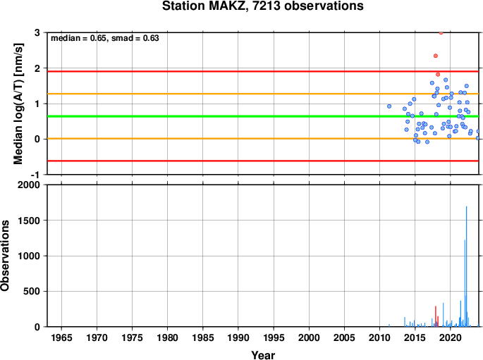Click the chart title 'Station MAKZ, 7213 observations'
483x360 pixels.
[x=263, y=6]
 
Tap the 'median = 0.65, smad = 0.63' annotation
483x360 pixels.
[x=105, y=38]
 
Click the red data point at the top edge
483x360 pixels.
[x=441, y=32]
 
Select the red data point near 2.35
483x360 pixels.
[x=436, y=56]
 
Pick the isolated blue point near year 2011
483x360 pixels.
[x=389, y=106]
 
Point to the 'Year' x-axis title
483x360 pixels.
[x=263, y=355]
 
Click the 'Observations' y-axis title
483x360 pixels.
[x=5, y=256]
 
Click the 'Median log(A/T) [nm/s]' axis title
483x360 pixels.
[x=18, y=104]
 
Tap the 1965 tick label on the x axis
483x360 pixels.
[x=61, y=337]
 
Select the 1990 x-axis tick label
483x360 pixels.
[x=238, y=337]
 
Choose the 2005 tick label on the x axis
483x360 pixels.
[x=344, y=337]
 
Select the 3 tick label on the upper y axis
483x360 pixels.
[x=37, y=32]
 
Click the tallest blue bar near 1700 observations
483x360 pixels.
[x=466, y=266]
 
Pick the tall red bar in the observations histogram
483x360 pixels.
[x=436, y=316]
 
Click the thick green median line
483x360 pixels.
[x=263, y=116]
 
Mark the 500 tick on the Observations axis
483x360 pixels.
[x=32, y=291]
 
